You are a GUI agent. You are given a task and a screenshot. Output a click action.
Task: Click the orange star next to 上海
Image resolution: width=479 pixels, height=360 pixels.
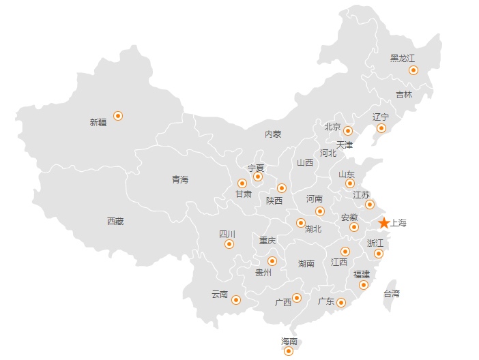coord(384,223)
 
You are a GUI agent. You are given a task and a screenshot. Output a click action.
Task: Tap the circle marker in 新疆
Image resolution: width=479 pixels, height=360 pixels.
coord(118,116)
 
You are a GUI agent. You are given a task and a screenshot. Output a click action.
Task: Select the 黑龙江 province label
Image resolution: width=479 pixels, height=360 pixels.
coord(403,58)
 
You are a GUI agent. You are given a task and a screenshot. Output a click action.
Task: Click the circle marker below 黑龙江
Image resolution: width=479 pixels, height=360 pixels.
coord(413,70)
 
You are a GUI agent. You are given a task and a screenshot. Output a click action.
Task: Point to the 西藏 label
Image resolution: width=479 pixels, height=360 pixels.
coord(115,221)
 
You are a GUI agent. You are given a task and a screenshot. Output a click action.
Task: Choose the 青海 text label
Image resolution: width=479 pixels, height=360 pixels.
coord(180,180)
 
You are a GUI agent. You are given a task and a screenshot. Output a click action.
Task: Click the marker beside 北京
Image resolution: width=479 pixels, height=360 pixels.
coord(348,131)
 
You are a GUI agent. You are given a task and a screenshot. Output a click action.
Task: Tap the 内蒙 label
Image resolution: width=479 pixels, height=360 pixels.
coord(273,134)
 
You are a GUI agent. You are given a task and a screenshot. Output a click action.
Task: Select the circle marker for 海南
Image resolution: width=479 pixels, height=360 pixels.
coord(289,351)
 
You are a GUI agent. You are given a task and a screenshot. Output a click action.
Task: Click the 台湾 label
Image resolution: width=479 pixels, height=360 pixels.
coord(392,294)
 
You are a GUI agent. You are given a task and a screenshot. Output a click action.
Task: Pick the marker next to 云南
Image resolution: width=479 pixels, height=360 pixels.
coord(236,300)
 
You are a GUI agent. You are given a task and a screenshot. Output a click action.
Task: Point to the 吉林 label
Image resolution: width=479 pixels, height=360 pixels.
coord(404,95)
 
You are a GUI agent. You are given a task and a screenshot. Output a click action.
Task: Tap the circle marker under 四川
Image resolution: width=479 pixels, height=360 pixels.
coord(229,244)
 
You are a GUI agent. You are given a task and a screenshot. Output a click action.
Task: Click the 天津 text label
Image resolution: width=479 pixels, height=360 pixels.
coord(345,145)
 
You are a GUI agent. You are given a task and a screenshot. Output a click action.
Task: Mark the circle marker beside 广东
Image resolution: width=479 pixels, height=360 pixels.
coord(341,303)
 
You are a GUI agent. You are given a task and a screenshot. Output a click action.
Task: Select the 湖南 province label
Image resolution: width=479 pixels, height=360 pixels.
coord(306,263)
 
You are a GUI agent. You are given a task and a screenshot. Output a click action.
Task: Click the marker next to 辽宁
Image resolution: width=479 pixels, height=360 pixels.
coord(381,128)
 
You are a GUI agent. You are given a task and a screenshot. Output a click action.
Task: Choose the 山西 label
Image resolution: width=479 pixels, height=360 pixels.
coord(305,163)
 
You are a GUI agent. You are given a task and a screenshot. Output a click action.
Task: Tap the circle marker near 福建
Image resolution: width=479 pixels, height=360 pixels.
coord(364,285)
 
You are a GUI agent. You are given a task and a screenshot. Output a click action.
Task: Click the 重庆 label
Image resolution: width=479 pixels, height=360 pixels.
coord(267,241)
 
